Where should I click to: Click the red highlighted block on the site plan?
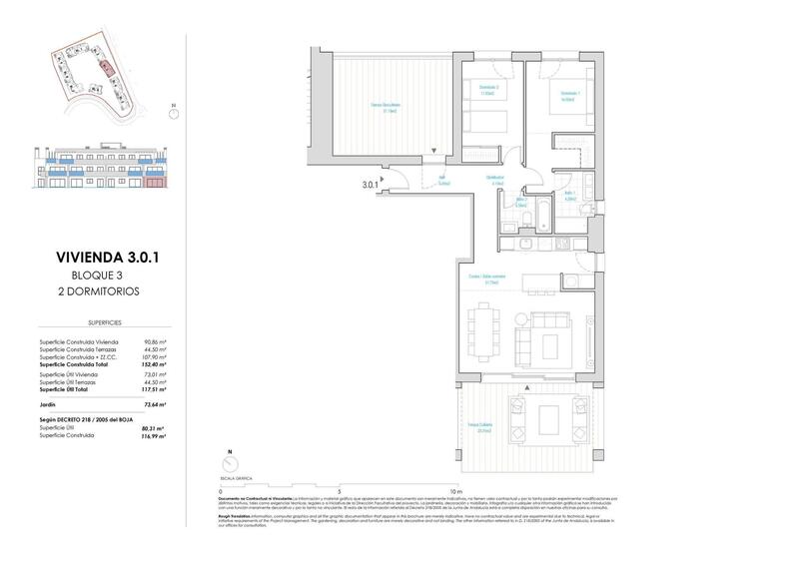click(105, 67)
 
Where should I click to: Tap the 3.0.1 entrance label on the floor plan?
click(373, 184)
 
